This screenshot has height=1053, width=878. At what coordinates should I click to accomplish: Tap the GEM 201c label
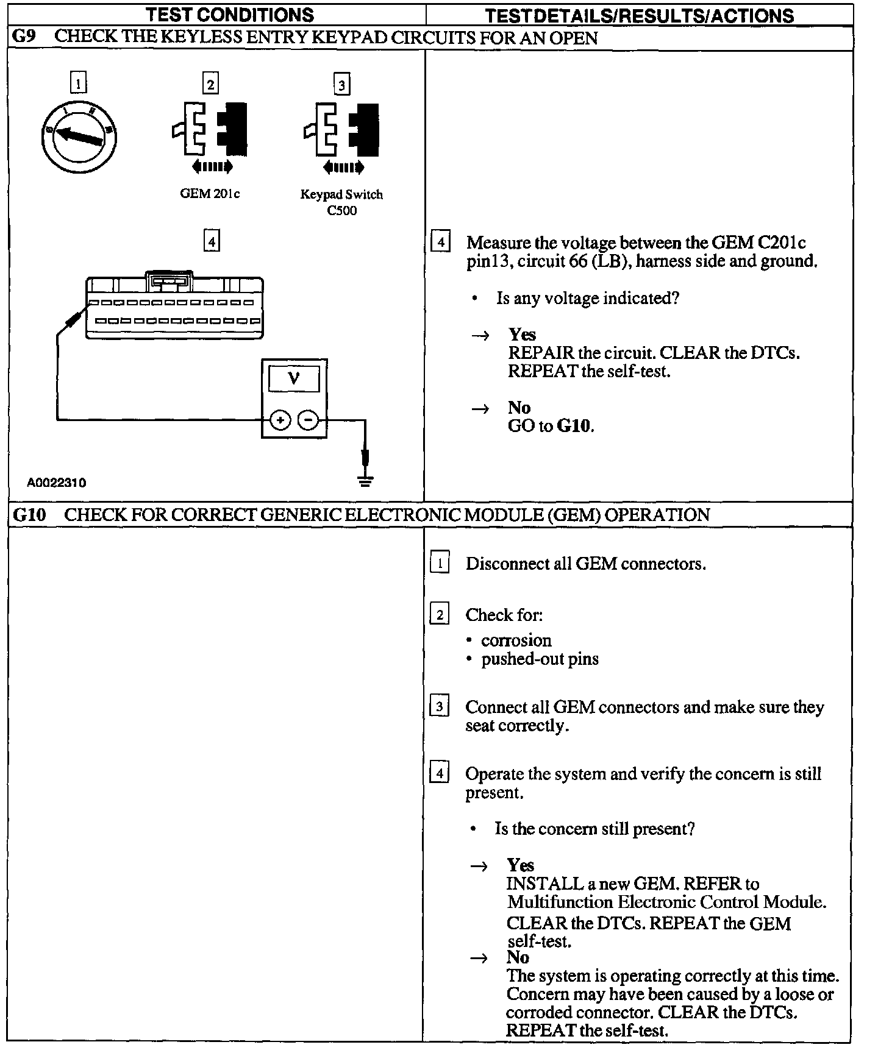click(x=210, y=194)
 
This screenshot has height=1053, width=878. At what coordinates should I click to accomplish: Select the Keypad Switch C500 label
click(x=341, y=202)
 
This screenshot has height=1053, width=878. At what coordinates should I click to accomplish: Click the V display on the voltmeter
click(x=294, y=379)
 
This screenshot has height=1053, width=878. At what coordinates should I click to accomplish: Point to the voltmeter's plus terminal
click(x=280, y=420)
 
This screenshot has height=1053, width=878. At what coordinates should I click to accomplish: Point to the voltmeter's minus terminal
click(x=309, y=420)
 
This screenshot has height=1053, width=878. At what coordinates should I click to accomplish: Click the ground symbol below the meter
click(x=366, y=481)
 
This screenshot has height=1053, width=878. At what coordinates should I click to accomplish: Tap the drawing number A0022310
click(x=57, y=483)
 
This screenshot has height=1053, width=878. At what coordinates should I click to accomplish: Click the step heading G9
click(x=24, y=37)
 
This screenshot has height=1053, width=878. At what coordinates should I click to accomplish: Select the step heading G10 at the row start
click(x=29, y=515)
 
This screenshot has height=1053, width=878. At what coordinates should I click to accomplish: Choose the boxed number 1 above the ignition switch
click(x=79, y=82)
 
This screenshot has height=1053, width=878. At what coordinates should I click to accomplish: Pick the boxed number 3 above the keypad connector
click(x=341, y=84)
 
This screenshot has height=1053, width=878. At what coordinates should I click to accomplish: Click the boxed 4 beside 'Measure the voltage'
click(x=440, y=242)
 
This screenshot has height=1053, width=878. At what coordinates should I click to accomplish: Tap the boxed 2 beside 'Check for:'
click(x=440, y=614)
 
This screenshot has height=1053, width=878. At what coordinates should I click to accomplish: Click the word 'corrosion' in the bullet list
click(x=516, y=640)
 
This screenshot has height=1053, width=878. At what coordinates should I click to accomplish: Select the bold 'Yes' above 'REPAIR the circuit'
click(x=522, y=335)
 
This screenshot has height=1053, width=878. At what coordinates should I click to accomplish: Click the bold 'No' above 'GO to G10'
click(x=519, y=408)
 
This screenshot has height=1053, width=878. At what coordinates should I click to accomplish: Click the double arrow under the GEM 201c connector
click(x=212, y=166)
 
